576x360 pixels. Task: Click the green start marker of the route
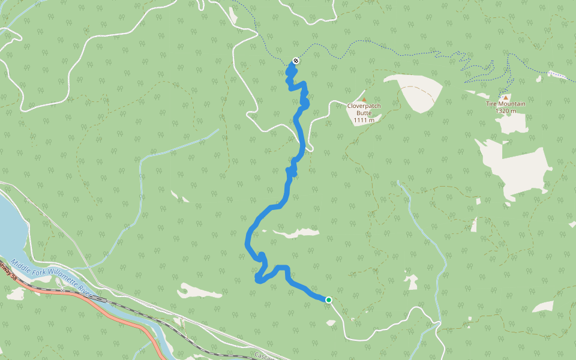[329, 299]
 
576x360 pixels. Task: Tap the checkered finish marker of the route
[295, 61]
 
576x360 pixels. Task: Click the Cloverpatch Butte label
[364, 106]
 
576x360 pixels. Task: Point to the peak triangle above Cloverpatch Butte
[364, 99]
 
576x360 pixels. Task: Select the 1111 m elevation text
[364, 120]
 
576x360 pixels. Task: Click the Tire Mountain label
[505, 104]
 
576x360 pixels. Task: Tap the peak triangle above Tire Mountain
[505, 97]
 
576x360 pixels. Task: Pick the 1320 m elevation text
[506, 111]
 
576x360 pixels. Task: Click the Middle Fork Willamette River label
[51, 278]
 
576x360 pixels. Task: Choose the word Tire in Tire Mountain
[491, 104]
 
